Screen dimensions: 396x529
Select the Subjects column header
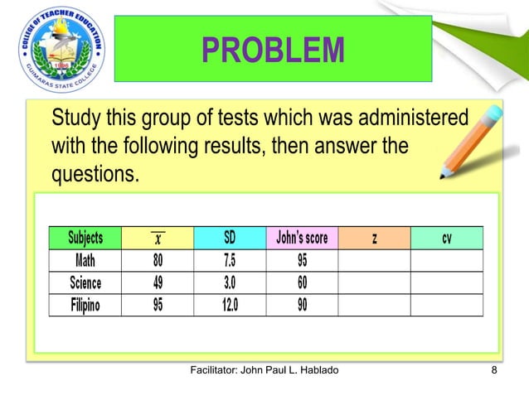tap(85, 239)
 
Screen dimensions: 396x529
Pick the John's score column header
tap(302, 239)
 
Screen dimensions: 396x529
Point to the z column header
tap(375, 239)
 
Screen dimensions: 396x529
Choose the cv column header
tap(446, 239)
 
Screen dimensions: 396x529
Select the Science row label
tap(85, 283)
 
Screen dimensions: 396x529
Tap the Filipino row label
tap(85, 305)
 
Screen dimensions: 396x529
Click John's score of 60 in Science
tap(302, 283)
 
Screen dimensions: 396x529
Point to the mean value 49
tap(158, 283)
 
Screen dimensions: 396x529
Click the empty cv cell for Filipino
tap(446, 305)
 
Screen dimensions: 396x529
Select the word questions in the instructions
tap(94, 176)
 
